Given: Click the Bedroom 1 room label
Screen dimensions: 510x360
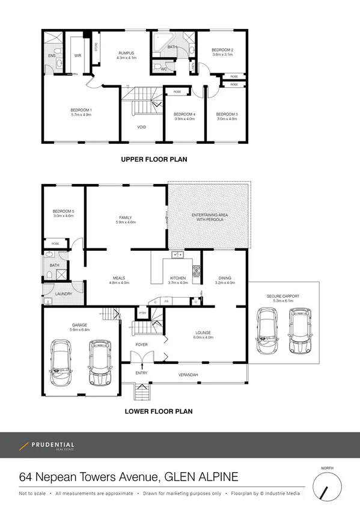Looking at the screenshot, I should (x=81, y=110).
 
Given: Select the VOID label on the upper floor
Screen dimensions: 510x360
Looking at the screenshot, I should (x=142, y=127).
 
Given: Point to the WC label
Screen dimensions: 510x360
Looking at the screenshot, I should (x=163, y=69).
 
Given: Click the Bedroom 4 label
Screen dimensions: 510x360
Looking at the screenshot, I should (x=185, y=114).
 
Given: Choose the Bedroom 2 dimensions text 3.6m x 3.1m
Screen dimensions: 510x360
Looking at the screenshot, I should (x=222, y=55).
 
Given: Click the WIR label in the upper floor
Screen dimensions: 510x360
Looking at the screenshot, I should (x=78, y=55).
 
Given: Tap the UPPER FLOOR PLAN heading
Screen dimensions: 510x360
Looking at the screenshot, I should (x=154, y=160).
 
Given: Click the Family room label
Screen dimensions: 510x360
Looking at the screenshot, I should (x=125, y=218).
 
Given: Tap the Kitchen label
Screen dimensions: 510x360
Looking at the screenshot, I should (x=178, y=278).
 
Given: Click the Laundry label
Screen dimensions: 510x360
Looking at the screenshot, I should (x=64, y=293).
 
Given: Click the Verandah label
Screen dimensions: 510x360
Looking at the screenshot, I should (x=188, y=375).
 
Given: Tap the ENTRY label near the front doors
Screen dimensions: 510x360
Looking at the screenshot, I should (x=141, y=373).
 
